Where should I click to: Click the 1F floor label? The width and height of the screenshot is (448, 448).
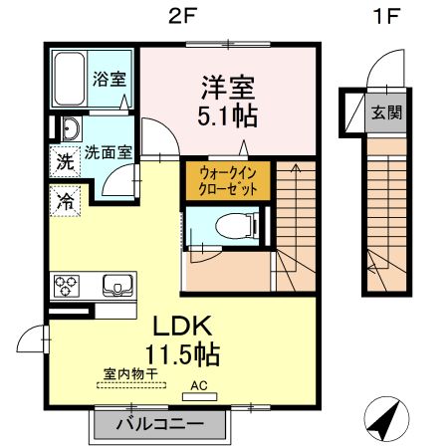[384, 16]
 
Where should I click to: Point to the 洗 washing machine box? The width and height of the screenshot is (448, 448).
[64, 159]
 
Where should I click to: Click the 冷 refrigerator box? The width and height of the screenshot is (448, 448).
[64, 198]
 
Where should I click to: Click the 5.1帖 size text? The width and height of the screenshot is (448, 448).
[224, 116]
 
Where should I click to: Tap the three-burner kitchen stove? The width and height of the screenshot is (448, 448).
[68, 286]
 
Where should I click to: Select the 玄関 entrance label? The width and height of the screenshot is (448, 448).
[386, 112]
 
